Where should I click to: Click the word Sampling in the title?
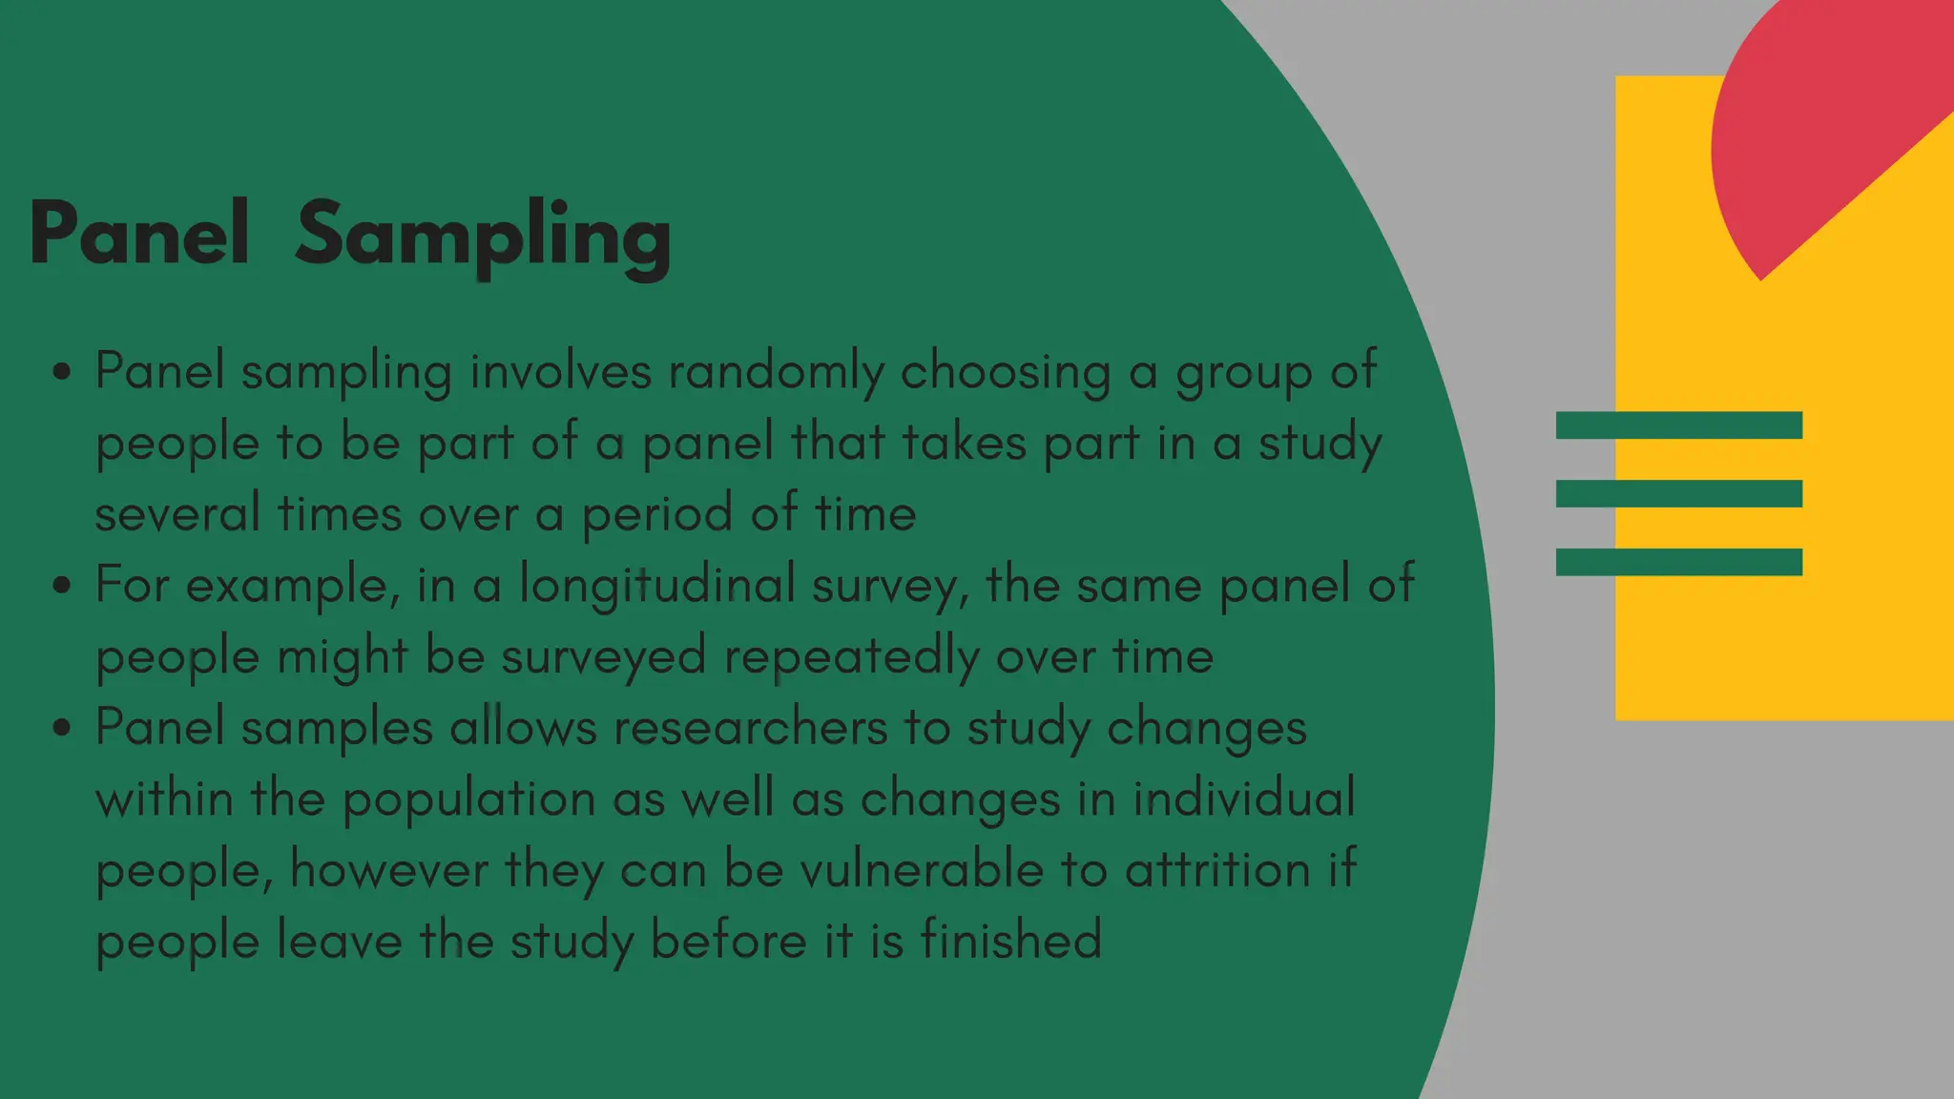pyautogui.click(x=483, y=236)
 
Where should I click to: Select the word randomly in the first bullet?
pyautogui.click(x=777, y=371)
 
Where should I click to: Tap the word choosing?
pyautogui.click(x=1006, y=372)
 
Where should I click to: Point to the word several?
pyautogui.click(x=177, y=513)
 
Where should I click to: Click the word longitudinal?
pyautogui.click(x=657, y=585)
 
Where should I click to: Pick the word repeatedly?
pyautogui.click(x=851, y=656)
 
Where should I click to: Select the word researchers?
pyautogui.click(x=750, y=728)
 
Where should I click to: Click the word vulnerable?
pyautogui.click(x=922, y=870)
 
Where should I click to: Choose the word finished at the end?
pyautogui.click(x=1011, y=940)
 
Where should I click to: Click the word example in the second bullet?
pyautogui.click(x=286, y=585)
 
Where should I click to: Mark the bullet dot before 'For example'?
pyautogui.click(x=62, y=585)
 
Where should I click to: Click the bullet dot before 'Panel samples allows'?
pyautogui.click(x=62, y=728)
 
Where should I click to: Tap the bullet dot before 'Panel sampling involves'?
pyautogui.click(x=62, y=371)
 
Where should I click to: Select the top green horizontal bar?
pyautogui.click(x=1678, y=425)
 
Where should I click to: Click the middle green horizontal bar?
pyautogui.click(x=1678, y=493)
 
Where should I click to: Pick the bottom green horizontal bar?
pyautogui.click(x=1678, y=562)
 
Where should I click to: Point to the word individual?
pyautogui.click(x=1243, y=798)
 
